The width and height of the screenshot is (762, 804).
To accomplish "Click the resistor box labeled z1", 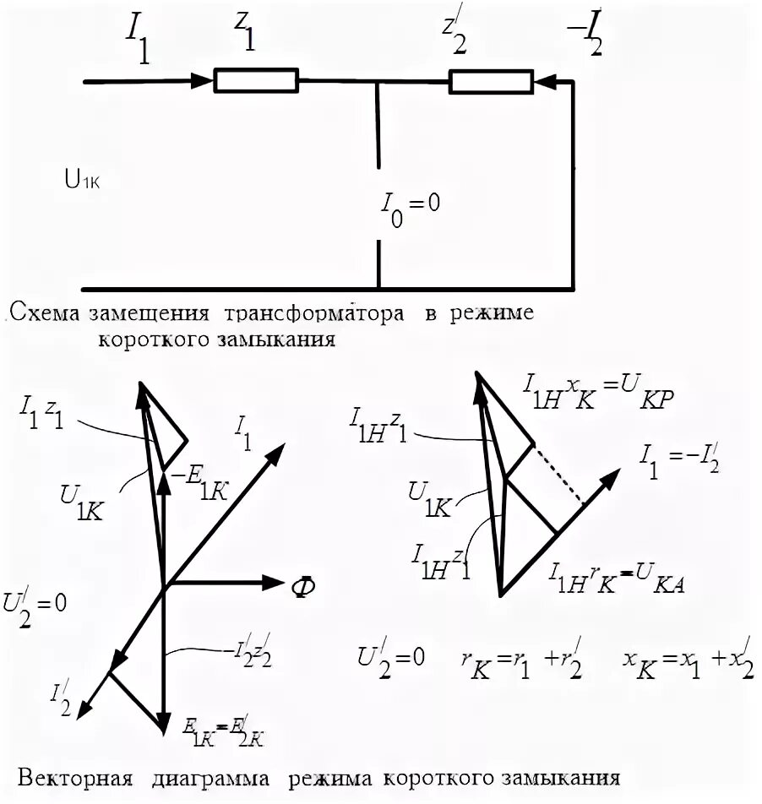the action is (255, 81).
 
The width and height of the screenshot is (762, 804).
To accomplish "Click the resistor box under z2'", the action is (489, 81).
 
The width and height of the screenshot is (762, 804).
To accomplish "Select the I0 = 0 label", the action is (409, 206).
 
